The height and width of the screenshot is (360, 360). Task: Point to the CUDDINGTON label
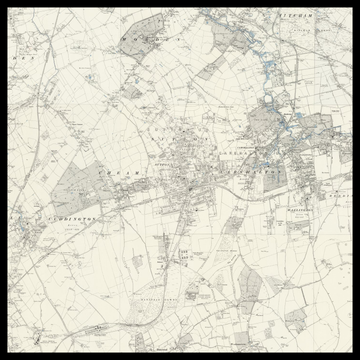tap(62, 217)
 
